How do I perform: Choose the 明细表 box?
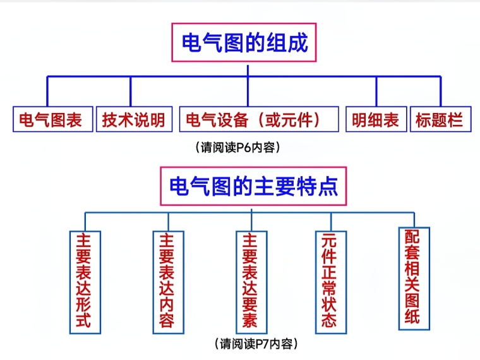coord(376,119)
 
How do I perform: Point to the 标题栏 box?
coord(440,119)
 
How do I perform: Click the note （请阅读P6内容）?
coord(238,147)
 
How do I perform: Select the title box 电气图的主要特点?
coord(253,186)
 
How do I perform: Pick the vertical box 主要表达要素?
coord(250,281)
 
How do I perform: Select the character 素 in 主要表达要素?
coord(250,321)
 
